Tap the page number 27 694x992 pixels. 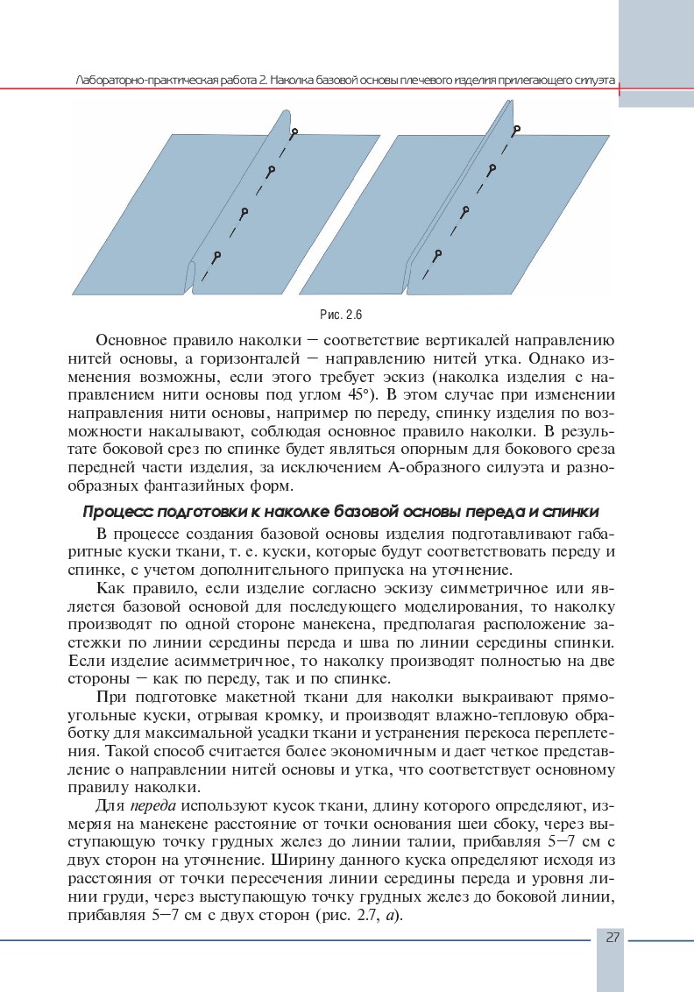click(x=612, y=938)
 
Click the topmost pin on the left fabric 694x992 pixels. click(x=294, y=132)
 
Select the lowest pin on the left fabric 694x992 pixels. click(x=216, y=256)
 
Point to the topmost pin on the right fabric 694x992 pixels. click(x=517, y=129)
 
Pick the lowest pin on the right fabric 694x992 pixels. click(x=436, y=253)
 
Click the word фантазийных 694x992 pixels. click(x=188, y=485)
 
